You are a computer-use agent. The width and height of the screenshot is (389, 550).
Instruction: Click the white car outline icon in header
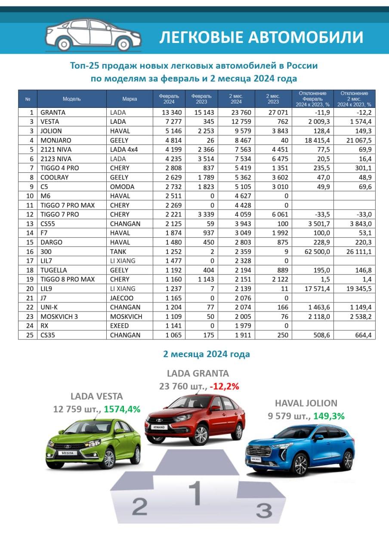[x=93, y=35]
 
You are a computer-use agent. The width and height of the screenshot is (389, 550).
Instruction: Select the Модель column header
[x=71, y=99]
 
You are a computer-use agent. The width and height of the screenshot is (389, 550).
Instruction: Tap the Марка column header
[x=130, y=99]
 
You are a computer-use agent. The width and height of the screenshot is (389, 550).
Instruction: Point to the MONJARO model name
[x=56, y=140]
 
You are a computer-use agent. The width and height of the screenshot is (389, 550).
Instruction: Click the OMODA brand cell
[x=122, y=186]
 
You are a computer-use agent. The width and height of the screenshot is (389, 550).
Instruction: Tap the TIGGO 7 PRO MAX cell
[x=68, y=205]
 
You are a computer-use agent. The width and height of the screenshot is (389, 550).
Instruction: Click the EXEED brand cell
[x=121, y=325]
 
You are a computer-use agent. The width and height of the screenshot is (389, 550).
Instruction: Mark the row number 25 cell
[x=28, y=335]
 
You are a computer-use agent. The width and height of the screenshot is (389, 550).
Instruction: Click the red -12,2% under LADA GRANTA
[x=224, y=386]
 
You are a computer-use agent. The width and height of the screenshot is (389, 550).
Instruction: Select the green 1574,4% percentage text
[x=122, y=409]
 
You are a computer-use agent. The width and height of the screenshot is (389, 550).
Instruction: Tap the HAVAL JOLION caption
[x=306, y=403]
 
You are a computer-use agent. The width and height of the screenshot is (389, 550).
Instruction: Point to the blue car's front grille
[x=262, y=451]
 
